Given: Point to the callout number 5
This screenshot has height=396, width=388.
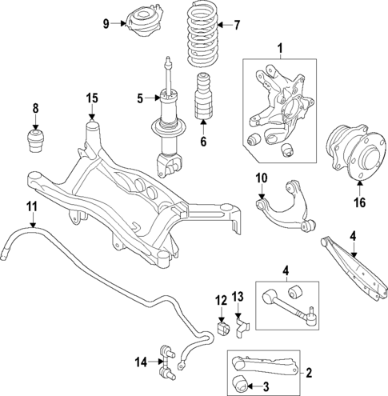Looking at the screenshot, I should [140, 99].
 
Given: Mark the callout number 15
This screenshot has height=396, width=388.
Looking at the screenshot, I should [92, 98].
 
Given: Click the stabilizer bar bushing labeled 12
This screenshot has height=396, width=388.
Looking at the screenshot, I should [223, 329].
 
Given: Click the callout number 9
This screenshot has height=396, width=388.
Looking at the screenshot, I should [106, 22].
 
